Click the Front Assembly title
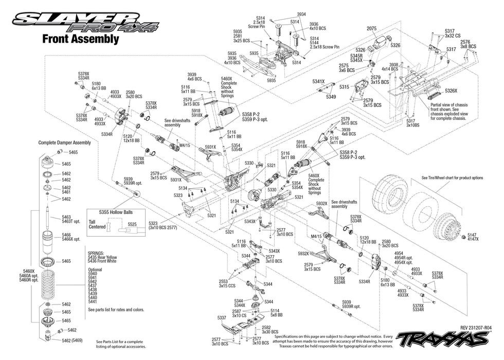coord(80,39)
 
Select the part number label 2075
coord(372,28)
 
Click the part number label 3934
coord(301,14)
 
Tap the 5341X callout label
coord(318,81)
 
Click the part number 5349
coord(331,96)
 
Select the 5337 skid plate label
coord(222,318)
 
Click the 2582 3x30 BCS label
coord(266,330)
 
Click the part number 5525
coord(132,225)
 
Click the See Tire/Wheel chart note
coord(453,177)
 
